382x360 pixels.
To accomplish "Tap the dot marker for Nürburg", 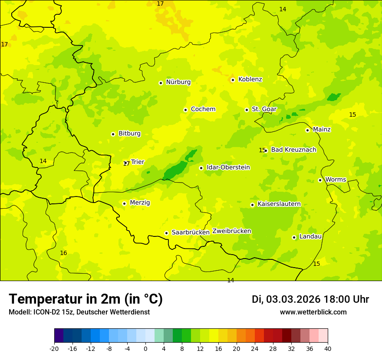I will point(161,83).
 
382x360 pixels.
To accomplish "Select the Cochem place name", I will point(203,109).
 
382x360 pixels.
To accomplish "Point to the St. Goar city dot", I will point(247,110).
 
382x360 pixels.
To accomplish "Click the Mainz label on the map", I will point(322,130).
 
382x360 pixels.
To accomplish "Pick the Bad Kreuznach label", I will point(293,150).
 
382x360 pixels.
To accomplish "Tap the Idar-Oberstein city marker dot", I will point(201,168).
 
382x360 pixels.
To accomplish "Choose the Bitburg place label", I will point(129,134).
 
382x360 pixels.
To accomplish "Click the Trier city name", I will point(138,162).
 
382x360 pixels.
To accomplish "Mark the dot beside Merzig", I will point(124,203).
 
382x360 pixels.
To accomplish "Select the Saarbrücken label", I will point(191,232).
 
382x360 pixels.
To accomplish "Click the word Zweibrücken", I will point(231,231).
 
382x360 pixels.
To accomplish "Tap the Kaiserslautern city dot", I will point(252,205).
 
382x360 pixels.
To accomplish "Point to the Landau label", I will point(310,237).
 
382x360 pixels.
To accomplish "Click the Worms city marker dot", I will point(320,180).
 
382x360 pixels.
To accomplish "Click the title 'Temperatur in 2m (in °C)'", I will point(86,299).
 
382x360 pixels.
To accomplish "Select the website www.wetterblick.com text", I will point(313,312).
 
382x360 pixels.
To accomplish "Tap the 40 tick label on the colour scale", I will point(328,348).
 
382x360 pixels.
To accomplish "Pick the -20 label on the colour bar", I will point(54,348).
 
